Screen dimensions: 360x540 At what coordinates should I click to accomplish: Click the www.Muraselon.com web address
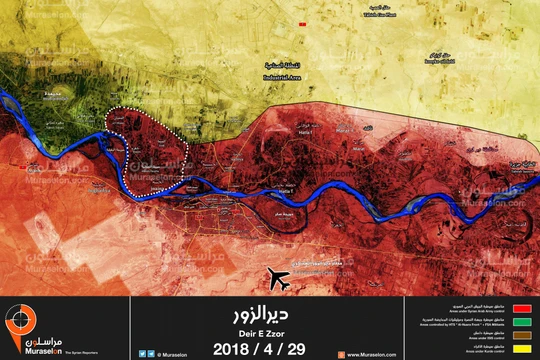click(368, 354)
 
